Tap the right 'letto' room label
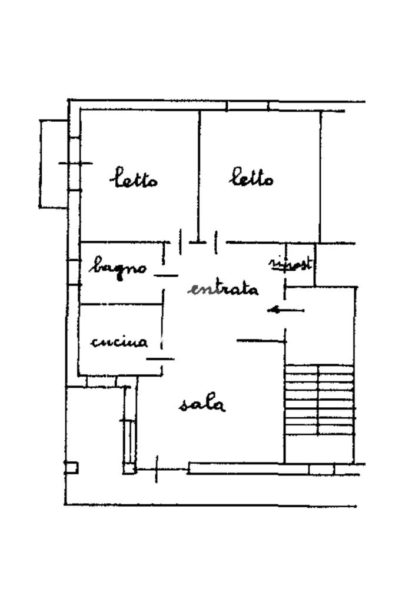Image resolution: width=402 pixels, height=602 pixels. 251,177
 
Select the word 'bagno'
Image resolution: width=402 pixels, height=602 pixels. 118,268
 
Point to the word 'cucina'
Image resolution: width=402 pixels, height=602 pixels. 119,341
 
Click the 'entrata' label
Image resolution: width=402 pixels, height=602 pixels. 224,289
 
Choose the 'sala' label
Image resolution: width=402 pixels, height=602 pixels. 202,404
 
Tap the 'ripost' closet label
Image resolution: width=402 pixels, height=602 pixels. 290,264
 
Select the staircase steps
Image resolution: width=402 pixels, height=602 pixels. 320,400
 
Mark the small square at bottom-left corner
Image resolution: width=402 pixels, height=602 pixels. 71,468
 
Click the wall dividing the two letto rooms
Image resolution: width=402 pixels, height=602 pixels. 199,171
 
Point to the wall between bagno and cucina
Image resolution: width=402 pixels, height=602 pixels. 121,304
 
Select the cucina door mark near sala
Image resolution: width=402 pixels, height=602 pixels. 161,358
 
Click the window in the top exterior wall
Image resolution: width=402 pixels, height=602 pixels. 247,106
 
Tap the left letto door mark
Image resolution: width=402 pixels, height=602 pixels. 180,241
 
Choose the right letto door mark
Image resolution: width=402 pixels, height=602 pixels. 216,242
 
